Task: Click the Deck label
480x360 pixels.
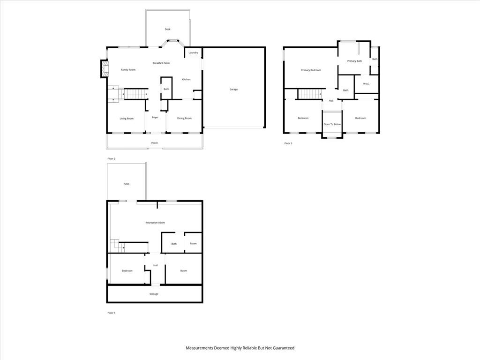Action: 167,30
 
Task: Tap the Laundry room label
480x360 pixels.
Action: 193,52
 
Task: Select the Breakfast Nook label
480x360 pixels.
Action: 161,63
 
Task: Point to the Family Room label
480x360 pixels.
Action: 128,70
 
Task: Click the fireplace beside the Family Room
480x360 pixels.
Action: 105,69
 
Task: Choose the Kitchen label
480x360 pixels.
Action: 186,80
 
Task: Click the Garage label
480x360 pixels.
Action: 233,90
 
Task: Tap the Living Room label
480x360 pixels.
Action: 127,119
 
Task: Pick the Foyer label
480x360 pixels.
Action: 155,117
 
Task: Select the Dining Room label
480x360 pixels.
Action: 184,118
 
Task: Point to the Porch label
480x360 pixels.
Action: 155,143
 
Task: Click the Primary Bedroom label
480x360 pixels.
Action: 311,70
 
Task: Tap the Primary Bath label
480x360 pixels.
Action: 354,61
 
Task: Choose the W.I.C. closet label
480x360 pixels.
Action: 367,83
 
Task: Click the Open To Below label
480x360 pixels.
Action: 332,124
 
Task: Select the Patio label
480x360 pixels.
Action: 127,184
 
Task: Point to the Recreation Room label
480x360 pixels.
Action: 155,223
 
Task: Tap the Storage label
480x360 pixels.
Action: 154,294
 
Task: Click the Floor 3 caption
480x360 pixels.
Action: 288,143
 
